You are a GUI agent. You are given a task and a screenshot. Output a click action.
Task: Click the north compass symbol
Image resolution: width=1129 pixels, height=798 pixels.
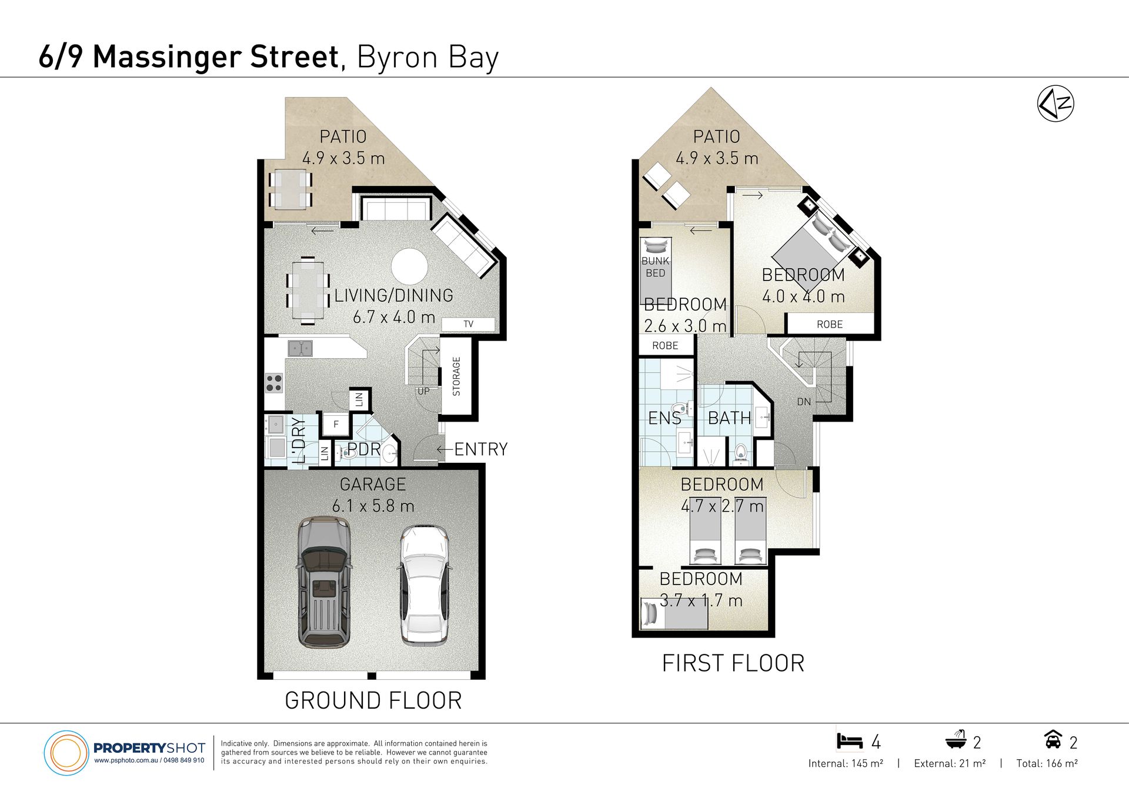point(1055,103)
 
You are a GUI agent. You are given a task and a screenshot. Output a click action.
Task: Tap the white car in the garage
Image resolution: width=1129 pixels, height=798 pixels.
point(424,585)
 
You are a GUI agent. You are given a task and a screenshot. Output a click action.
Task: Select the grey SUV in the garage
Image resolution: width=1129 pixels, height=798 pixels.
point(324,582)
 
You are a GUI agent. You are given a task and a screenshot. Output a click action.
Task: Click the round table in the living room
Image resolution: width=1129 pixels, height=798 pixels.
point(409,266)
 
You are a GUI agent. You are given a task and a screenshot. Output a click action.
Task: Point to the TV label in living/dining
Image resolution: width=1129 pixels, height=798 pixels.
point(468,324)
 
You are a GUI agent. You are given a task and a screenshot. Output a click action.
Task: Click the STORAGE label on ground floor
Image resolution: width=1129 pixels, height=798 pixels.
point(456,376)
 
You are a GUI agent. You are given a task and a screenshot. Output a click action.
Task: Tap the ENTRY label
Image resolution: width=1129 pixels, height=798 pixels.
point(481,449)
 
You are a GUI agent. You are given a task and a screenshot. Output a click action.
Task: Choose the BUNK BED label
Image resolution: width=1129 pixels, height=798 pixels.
point(656,267)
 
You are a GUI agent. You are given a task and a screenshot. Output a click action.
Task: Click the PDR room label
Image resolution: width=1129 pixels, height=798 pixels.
point(364,449)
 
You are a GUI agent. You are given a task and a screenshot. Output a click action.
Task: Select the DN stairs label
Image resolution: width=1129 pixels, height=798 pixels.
point(804,402)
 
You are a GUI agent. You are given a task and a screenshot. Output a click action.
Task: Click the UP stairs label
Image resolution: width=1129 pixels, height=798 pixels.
point(423,391)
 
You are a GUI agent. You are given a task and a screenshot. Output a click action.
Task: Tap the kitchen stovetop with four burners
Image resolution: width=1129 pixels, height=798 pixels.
point(274,383)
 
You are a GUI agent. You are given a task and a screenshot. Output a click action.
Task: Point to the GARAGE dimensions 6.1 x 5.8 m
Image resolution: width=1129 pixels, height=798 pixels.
point(373,506)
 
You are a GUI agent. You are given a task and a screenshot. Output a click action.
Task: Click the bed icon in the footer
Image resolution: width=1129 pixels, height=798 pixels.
point(850,741)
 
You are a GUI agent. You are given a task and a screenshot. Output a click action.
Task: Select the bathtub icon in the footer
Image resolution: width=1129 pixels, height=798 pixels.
point(956,740)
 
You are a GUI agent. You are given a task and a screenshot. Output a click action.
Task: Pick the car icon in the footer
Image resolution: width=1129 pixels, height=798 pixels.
point(1053,739)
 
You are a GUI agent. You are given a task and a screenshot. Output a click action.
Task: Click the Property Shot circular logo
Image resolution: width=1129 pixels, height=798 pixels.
point(66,753)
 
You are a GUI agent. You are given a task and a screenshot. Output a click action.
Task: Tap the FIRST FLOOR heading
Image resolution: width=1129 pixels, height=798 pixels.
point(733,663)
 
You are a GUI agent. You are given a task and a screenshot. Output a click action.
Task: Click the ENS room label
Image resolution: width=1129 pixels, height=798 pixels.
point(664,418)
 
